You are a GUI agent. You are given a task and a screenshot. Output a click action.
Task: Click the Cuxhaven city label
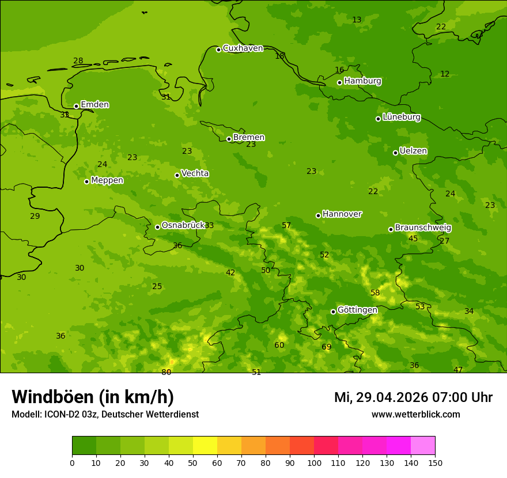tap(243, 48)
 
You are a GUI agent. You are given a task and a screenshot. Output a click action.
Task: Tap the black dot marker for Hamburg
tap(339, 82)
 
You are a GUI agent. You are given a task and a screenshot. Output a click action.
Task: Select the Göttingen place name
tap(357, 310)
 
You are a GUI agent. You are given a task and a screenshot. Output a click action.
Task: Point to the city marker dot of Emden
tap(76, 106)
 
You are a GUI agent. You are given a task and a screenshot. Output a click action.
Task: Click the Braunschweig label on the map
tap(423, 228)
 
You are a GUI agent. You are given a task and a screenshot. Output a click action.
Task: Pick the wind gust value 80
tap(166, 372)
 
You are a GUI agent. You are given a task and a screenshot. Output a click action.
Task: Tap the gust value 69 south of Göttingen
tap(327, 347)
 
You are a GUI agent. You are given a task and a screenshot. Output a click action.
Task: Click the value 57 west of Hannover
tap(286, 225)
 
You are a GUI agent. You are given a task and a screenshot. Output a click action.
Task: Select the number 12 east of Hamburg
tap(445, 74)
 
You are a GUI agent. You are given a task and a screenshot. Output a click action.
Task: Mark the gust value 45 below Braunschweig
tap(413, 238)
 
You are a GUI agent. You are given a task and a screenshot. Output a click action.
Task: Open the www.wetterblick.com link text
tap(415, 414)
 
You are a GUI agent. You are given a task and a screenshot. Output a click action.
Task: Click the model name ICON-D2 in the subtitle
tap(63, 414)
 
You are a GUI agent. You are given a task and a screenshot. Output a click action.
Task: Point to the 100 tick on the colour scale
tap(314, 462)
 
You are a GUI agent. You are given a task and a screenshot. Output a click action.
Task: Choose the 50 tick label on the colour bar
tap(193, 462)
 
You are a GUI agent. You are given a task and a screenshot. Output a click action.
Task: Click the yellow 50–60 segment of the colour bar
tap(205, 445)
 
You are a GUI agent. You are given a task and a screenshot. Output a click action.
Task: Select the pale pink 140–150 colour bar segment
tap(423, 445)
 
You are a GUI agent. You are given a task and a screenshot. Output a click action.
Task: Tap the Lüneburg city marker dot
tap(378, 119)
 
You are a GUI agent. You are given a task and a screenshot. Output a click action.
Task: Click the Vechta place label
tap(195, 173)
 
